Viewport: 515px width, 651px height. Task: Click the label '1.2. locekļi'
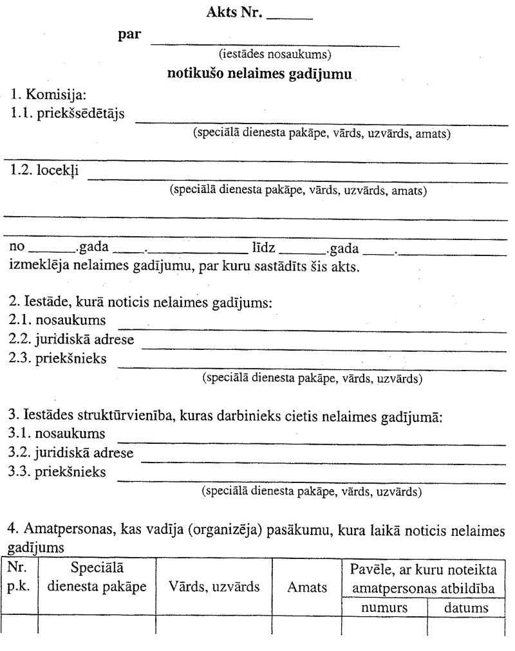pos(42,172)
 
